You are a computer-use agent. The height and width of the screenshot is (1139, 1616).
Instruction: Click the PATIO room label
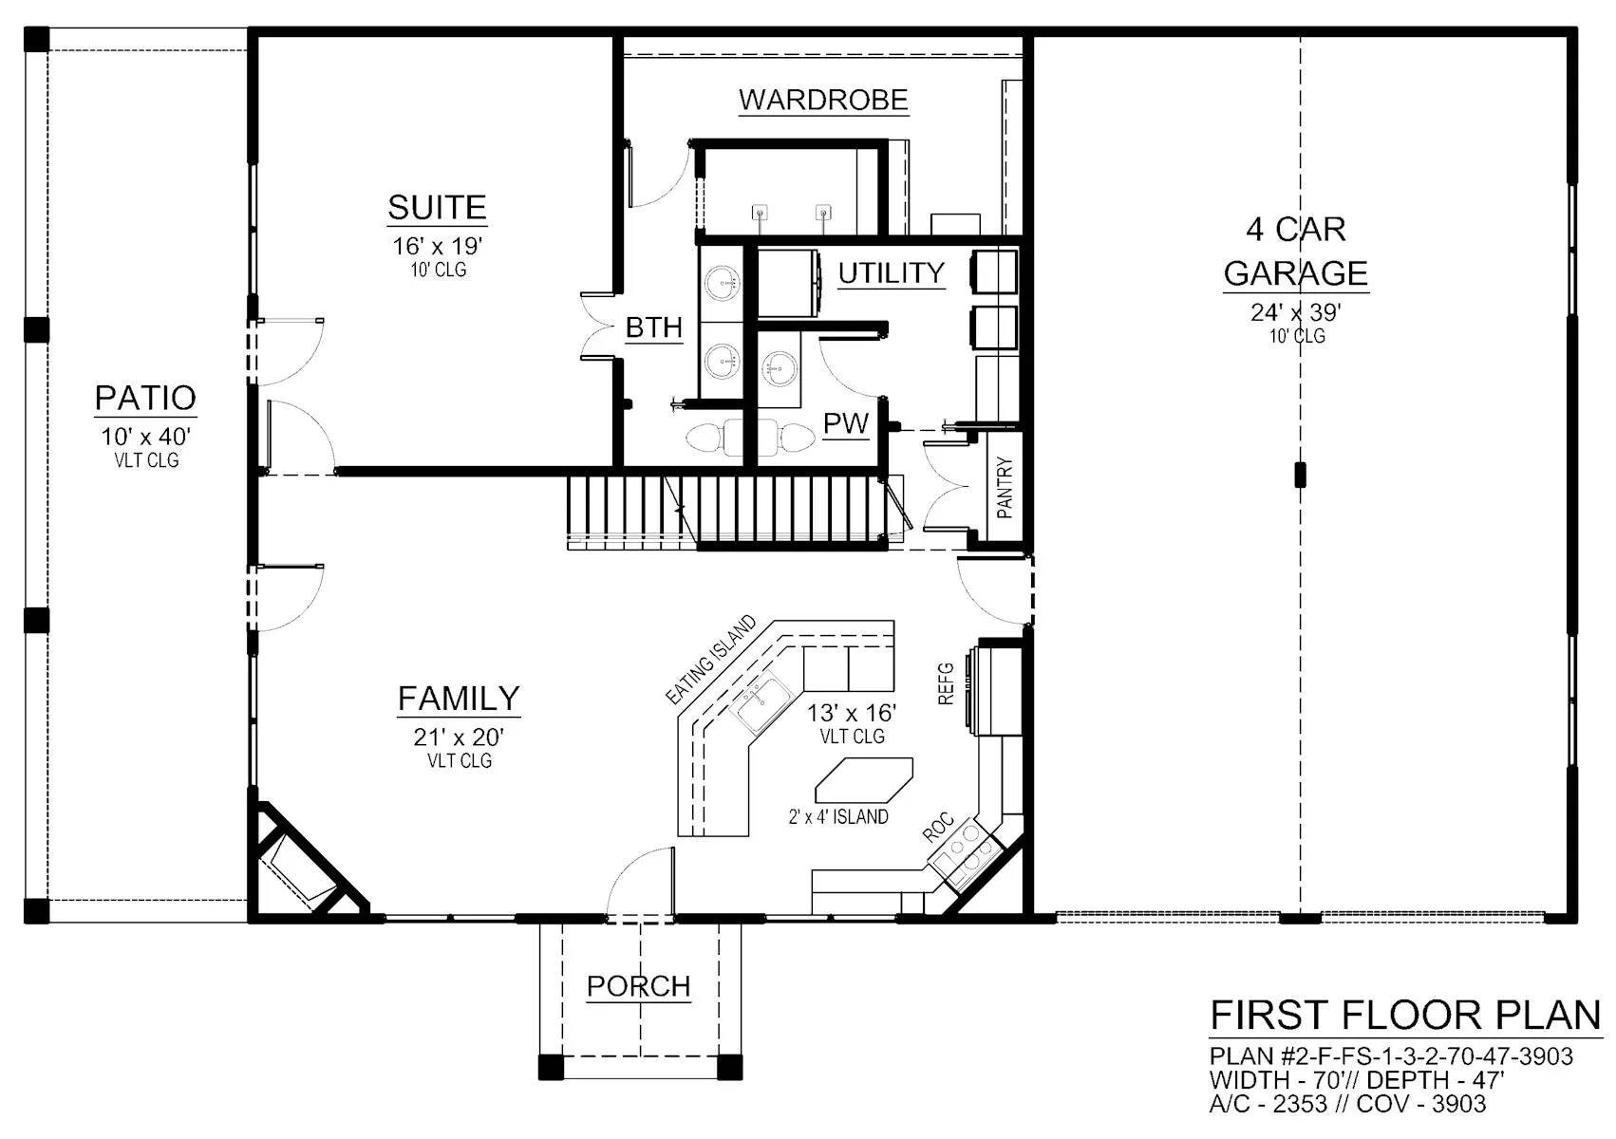tap(145, 399)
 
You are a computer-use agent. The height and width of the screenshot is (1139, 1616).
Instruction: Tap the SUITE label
tap(437, 208)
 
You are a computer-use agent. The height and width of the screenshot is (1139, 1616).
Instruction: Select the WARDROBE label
tap(823, 100)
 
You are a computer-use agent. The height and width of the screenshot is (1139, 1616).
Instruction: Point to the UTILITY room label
tap(891, 273)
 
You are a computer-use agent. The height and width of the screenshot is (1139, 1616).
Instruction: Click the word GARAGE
tap(1296, 273)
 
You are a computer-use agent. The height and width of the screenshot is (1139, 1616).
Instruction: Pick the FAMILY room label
tap(459, 699)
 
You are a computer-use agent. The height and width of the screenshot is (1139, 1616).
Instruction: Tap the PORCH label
tap(638, 986)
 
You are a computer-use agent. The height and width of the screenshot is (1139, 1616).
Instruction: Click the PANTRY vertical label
tap(1005, 488)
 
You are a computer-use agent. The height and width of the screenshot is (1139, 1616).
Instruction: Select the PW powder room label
tap(846, 423)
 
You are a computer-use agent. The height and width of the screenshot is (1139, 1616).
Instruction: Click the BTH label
tap(653, 328)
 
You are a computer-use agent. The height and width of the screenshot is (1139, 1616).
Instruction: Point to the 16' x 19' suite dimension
tap(437, 247)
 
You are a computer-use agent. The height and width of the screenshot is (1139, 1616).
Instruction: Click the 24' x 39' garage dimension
tap(1296, 312)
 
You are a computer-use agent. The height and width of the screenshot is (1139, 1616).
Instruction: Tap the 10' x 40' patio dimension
tap(145, 437)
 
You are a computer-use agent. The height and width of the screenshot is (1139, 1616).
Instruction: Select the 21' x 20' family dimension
tap(459, 738)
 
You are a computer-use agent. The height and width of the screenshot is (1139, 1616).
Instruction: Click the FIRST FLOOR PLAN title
tap(1405, 1016)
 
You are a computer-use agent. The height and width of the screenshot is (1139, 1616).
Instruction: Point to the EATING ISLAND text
tap(710, 660)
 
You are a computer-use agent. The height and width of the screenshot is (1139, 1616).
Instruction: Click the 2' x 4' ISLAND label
tap(838, 816)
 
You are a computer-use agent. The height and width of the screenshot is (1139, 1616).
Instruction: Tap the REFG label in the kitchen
tap(946, 683)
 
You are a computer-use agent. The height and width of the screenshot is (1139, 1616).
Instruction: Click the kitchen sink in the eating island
tap(761, 702)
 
